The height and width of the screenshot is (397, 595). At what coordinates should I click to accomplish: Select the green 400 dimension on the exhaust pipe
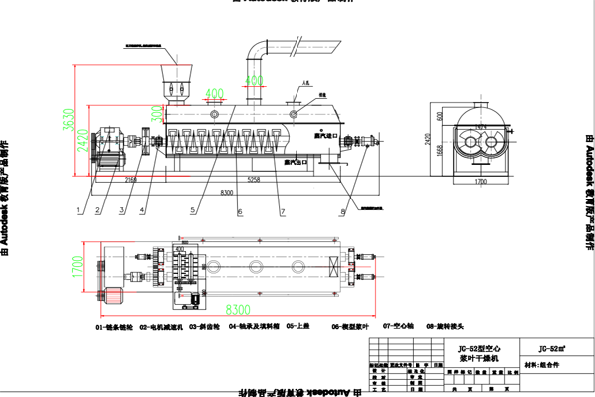click(255, 79)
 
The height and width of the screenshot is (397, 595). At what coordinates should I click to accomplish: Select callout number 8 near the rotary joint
click(342, 211)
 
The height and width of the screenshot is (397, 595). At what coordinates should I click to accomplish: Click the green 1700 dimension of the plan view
click(78, 265)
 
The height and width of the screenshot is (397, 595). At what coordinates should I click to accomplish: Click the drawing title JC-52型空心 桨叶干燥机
click(467, 354)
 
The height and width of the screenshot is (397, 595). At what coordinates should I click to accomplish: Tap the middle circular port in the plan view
click(257, 268)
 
